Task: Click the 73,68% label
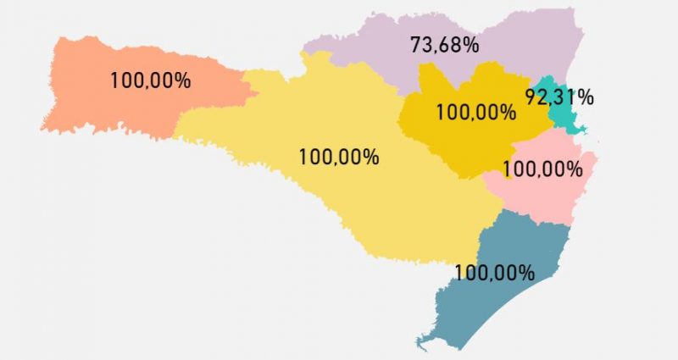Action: tap(447, 45)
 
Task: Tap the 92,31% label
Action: tap(559, 97)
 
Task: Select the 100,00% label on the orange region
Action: tap(150, 81)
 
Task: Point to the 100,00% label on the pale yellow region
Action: tap(339, 157)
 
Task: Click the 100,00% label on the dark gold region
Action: tap(475, 112)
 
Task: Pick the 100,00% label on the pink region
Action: tap(542, 169)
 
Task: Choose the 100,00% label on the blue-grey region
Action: tap(494, 273)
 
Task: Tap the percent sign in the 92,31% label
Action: tap(586, 97)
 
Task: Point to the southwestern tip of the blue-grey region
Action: tap(419, 343)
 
